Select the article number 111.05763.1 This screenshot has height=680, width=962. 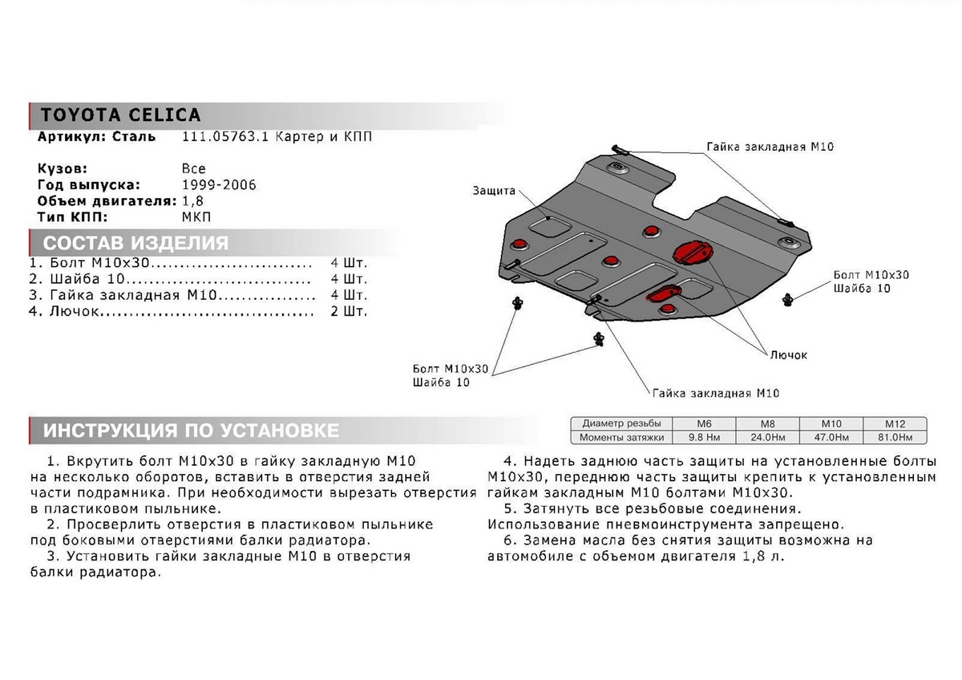pos(217,137)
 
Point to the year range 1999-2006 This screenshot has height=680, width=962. pos(219,184)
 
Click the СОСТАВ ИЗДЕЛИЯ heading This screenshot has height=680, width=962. pos(135,243)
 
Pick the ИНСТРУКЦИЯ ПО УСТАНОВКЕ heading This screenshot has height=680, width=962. pos(191,431)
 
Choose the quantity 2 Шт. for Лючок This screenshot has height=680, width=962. pos(348,311)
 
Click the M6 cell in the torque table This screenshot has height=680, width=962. pos(702,423)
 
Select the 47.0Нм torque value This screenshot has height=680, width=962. pos(831,437)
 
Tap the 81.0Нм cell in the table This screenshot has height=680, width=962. pos(894,437)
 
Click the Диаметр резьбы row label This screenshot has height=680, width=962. pos(621,423)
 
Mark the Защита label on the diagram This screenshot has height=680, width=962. pos(494,191)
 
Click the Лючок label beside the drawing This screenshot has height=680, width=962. pos(789,354)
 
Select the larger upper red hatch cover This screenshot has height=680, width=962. pos(689,252)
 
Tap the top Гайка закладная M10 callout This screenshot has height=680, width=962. pos(758,147)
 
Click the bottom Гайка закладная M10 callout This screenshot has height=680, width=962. pos(716,393)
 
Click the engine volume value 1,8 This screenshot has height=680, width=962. pos(192,200)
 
